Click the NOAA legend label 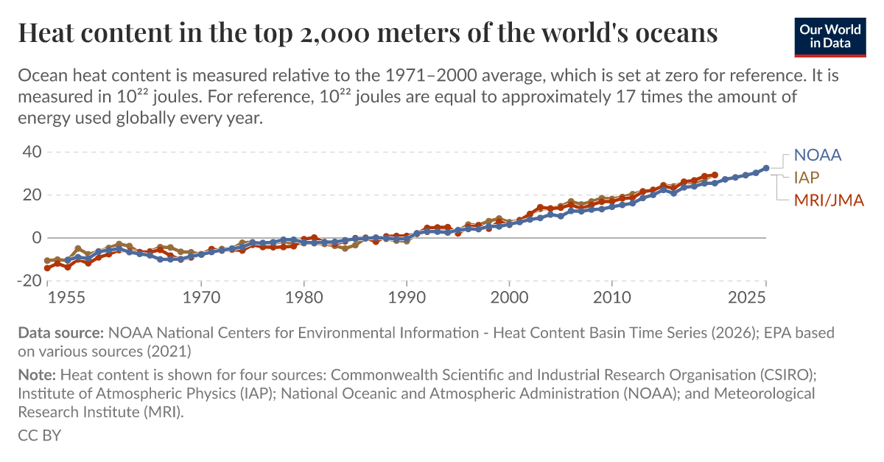pyautogui.click(x=817, y=155)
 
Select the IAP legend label pyautogui.click(x=807, y=178)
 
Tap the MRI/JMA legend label pyautogui.click(x=828, y=200)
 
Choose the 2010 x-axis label pyautogui.click(x=611, y=298)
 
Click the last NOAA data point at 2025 pyautogui.click(x=766, y=168)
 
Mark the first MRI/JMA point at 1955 pyautogui.click(x=48, y=268)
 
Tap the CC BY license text pyautogui.click(x=39, y=435)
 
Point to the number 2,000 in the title pyautogui.click(x=388, y=33)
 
